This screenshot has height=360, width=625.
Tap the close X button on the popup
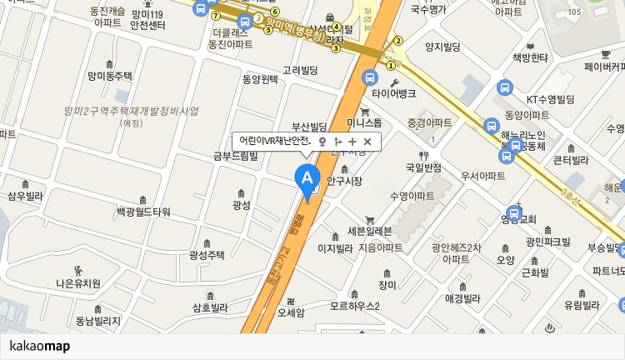tap(367, 142)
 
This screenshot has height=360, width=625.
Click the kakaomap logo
tap(40, 346)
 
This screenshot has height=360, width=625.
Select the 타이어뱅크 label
tap(393, 93)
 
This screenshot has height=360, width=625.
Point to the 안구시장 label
tap(345, 180)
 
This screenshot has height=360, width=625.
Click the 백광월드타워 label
tap(143, 212)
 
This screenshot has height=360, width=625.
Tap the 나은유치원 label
tap(78, 283)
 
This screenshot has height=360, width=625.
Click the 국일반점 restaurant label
tap(423, 167)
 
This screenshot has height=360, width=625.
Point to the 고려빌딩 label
tap(300, 71)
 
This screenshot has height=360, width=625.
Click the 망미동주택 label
tap(110, 76)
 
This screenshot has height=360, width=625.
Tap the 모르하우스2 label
tap(354, 306)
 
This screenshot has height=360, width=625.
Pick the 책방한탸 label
tap(530, 57)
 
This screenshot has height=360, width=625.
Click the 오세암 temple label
tap(291, 312)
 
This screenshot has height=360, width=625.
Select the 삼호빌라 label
tap(210, 307)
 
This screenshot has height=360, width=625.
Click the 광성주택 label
tap(207, 255)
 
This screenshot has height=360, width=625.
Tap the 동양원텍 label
tap(260, 79)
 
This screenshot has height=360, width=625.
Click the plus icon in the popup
tap(352, 142)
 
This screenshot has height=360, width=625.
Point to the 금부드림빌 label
tap(236, 155)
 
